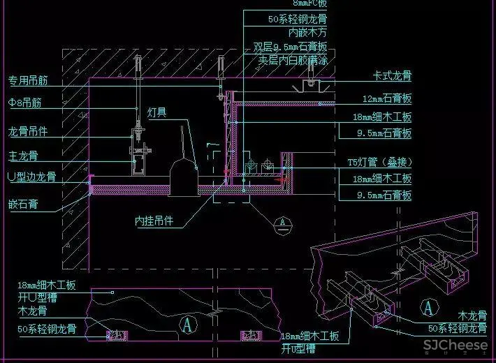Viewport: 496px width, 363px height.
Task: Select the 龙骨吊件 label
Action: [x=28, y=131]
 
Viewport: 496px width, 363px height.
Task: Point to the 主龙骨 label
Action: [x=23, y=155]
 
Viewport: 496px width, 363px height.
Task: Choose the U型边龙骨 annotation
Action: [x=31, y=177]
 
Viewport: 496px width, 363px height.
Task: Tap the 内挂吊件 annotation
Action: [x=154, y=222]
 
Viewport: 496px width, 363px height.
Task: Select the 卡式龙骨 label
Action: [x=392, y=75]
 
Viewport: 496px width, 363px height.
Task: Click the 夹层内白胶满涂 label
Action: [x=293, y=60]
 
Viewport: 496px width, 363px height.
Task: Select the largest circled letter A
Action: [x=187, y=323]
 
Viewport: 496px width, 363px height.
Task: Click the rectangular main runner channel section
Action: [x=136, y=165]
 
